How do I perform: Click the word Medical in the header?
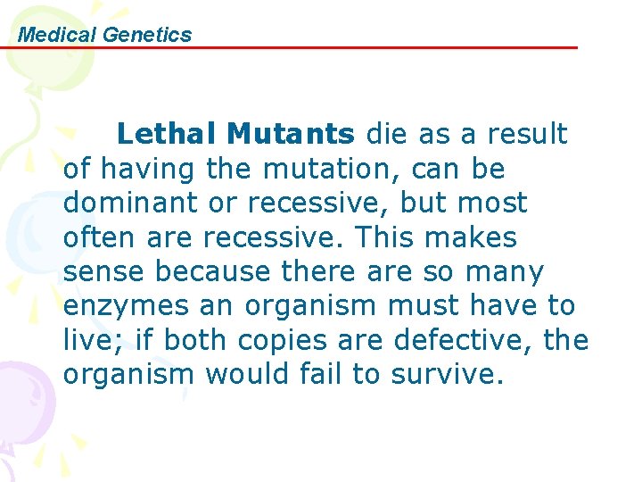(x=57, y=35)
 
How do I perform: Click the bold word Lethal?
(x=168, y=134)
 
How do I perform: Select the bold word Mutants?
(x=290, y=134)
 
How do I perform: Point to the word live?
(x=84, y=340)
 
